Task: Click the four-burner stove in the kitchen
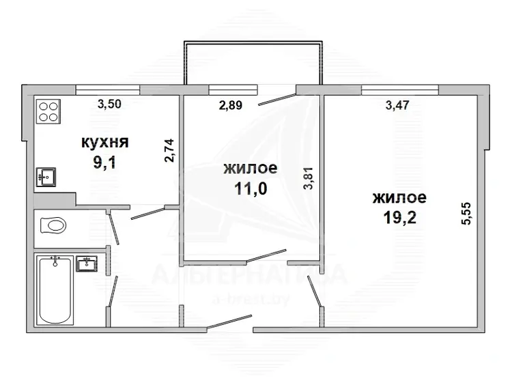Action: click(x=48, y=111)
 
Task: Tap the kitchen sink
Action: click(x=45, y=177)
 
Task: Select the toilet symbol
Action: click(x=53, y=225)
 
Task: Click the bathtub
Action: click(x=55, y=290)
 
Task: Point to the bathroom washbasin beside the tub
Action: click(x=87, y=264)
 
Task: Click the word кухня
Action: click(x=105, y=143)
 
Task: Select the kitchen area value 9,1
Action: click(x=105, y=162)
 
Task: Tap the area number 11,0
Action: click(x=251, y=188)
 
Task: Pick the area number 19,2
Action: click(x=399, y=218)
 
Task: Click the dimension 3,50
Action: click(x=109, y=104)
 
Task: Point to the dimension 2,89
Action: click(x=231, y=105)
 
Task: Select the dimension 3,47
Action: click(x=397, y=105)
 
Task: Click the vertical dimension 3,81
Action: click(x=309, y=178)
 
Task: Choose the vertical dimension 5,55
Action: click(x=466, y=214)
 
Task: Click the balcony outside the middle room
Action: click(x=253, y=63)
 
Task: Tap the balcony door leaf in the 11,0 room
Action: click(x=277, y=100)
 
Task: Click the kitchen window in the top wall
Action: click(x=108, y=90)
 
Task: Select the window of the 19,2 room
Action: click(x=400, y=90)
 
